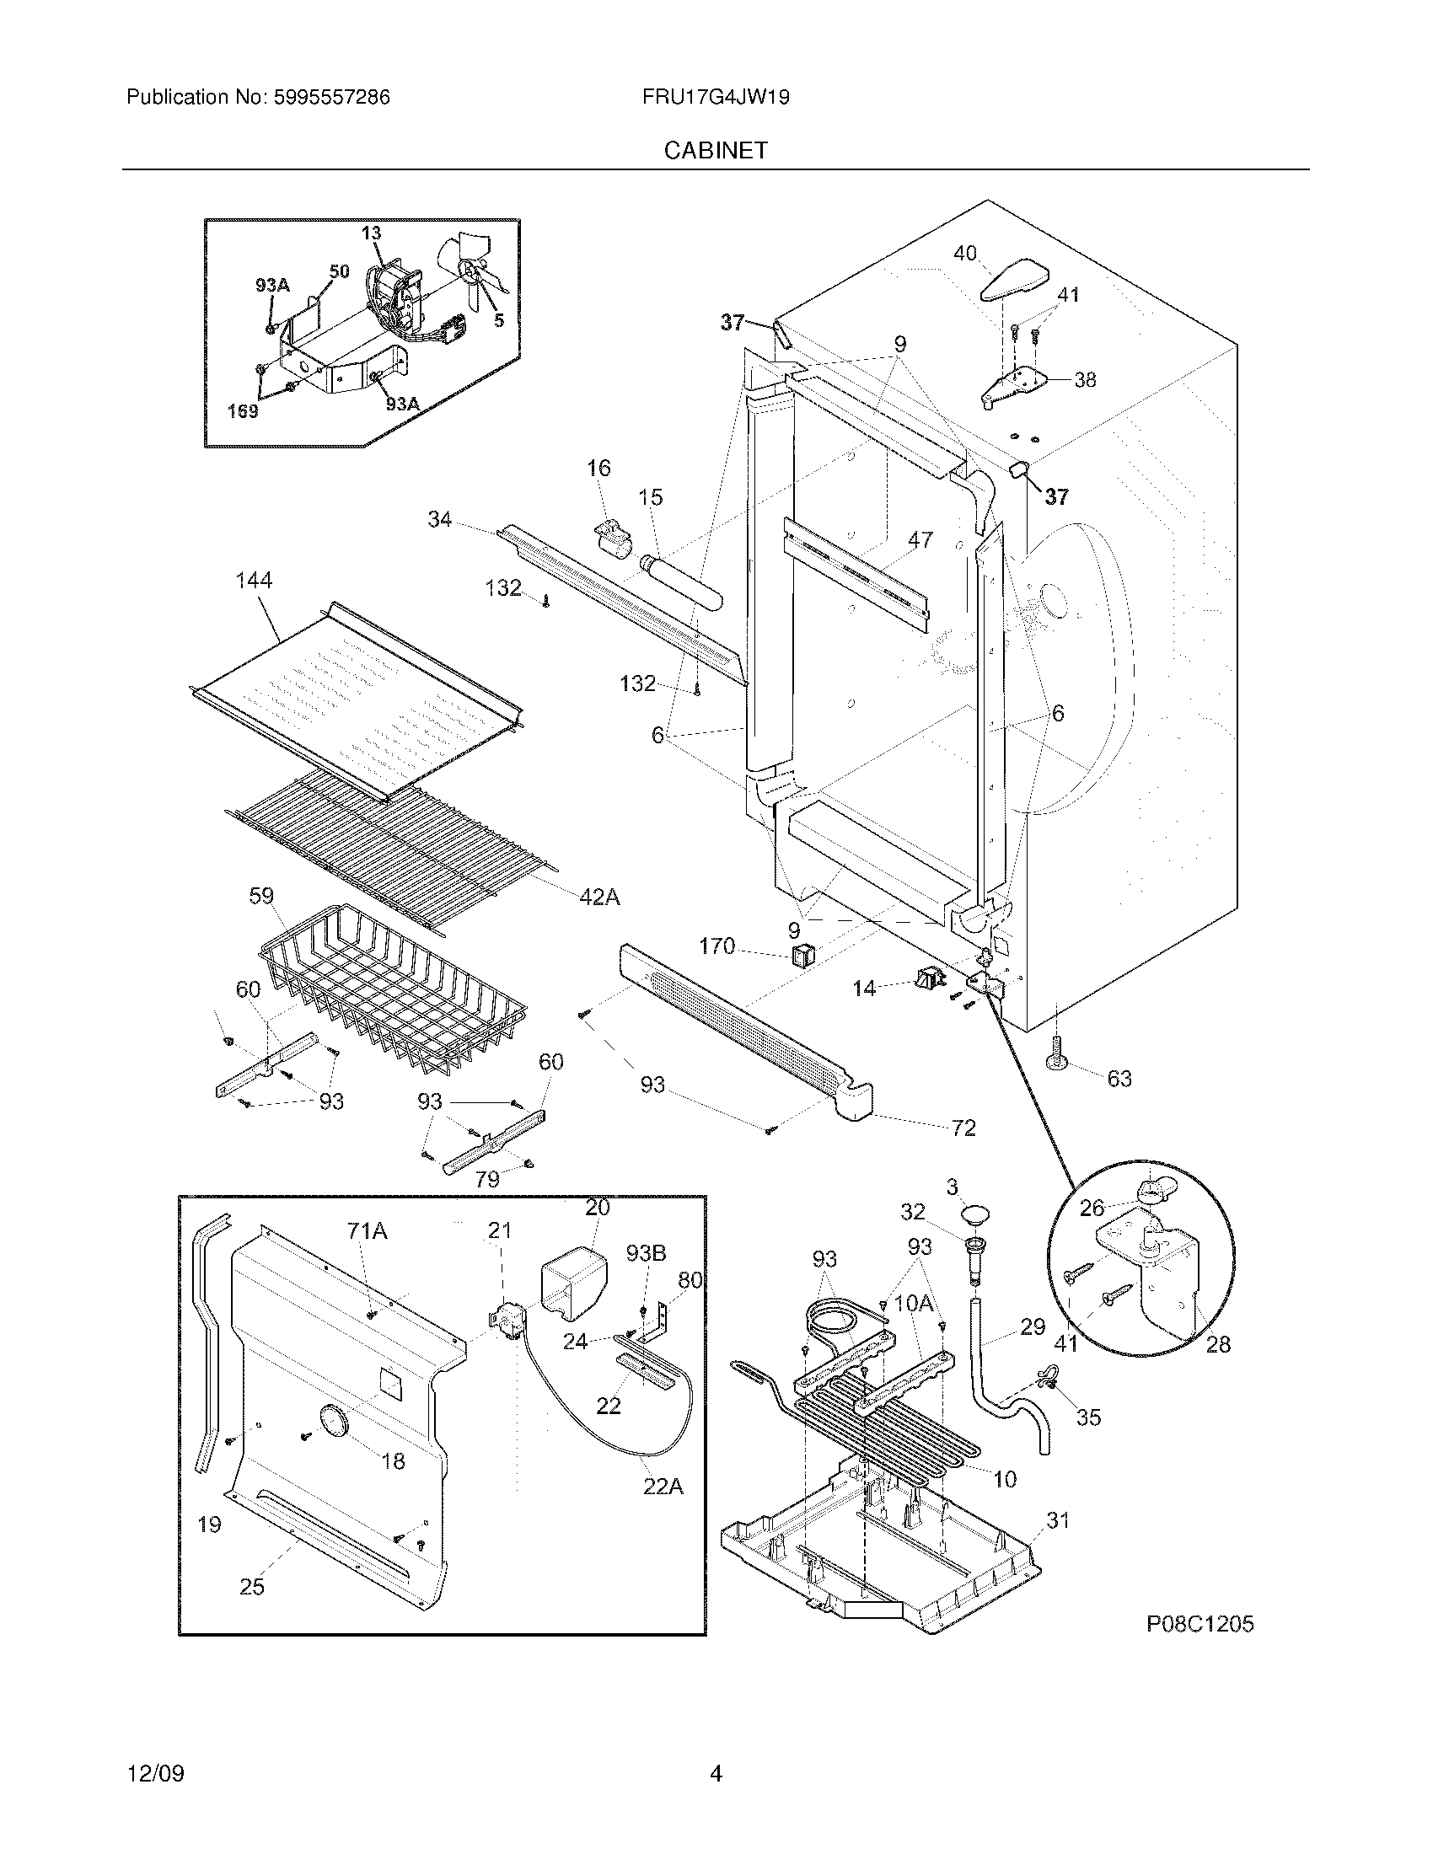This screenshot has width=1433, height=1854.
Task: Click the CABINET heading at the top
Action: click(x=715, y=150)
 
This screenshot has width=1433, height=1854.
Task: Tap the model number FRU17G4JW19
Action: click(x=716, y=98)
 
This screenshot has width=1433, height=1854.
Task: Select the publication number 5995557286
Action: click(x=332, y=98)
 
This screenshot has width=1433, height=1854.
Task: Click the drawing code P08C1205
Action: click(x=1200, y=1624)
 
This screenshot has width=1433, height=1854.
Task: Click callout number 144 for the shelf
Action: click(x=254, y=581)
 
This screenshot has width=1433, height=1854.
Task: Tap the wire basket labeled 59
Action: click(x=390, y=984)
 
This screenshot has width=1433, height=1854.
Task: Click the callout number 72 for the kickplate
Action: click(x=963, y=1128)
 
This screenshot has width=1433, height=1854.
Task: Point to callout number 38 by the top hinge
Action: click(x=1085, y=379)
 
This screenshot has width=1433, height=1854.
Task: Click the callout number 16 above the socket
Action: click(x=598, y=468)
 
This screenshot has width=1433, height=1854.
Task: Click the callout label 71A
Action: click(x=368, y=1230)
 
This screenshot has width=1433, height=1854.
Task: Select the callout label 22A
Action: click(x=663, y=1487)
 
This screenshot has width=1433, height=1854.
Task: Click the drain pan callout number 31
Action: click(x=1057, y=1520)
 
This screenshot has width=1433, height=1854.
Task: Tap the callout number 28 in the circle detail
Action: click(x=1218, y=1344)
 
